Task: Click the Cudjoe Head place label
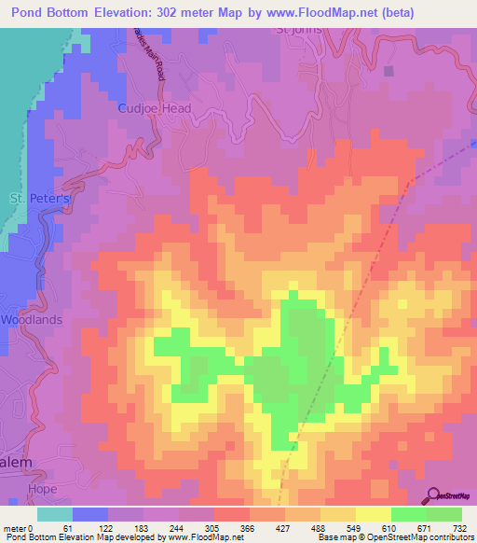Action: [155, 108]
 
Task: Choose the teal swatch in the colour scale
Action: [55, 514]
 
